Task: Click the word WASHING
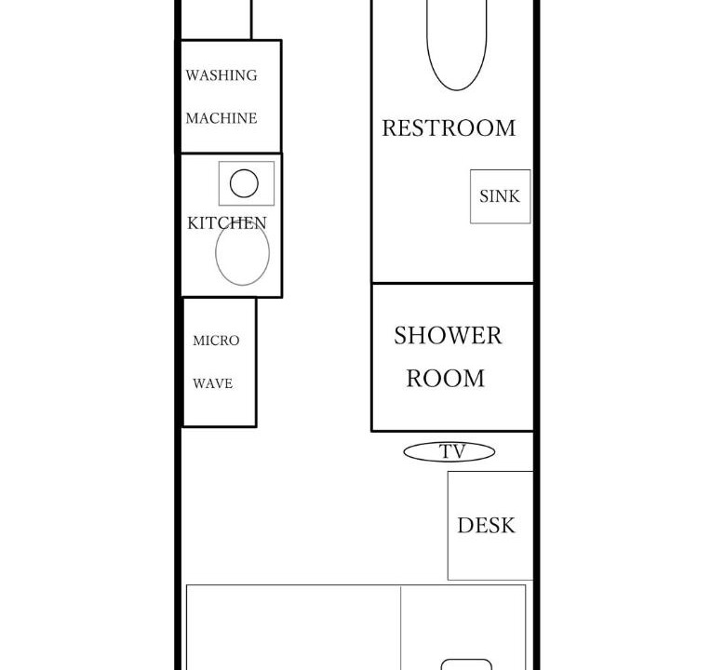[221, 75]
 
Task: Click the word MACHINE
[221, 118]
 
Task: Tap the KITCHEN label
[227, 223]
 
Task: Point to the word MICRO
[216, 341]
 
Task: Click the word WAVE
[213, 383]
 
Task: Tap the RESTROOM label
[449, 127]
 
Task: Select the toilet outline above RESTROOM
[457, 89]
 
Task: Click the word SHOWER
[448, 336]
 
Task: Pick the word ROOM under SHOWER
[445, 379]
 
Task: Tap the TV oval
[404, 451]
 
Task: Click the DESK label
[486, 526]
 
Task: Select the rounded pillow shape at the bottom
[466, 660]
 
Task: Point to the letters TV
[452, 451]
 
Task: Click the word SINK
[499, 196]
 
